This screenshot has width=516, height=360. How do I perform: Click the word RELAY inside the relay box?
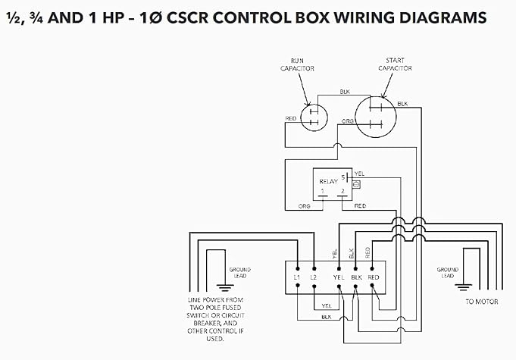tap(327, 182)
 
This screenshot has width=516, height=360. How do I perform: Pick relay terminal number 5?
tap(343, 177)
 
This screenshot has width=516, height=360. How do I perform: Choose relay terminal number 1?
tap(323, 189)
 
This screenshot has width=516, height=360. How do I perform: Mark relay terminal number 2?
tap(343, 189)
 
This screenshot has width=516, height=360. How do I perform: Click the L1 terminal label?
tap(297, 277)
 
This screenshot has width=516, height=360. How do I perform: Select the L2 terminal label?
tap(314, 277)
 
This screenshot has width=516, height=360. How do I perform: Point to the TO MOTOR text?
tap(480, 301)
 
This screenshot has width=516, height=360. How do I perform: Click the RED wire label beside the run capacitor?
tap(291, 119)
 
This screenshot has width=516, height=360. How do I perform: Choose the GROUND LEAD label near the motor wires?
tap(447, 272)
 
